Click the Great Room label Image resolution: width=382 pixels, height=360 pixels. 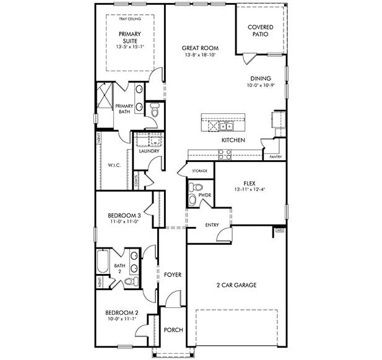tap(199, 48)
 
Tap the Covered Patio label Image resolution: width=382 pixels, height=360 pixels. tap(261, 30)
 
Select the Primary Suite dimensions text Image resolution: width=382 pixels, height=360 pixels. tap(130, 46)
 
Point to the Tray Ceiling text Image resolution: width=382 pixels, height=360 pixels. tap(130, 19)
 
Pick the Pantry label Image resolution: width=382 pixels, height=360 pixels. tap(276, 157)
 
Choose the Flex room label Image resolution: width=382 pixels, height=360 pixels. tap(250, 183)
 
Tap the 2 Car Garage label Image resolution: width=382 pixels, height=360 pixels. tap(236, 285)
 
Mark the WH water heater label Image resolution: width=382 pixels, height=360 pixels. tap(279, 231)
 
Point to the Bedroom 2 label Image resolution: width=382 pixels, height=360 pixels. tap(121, 313)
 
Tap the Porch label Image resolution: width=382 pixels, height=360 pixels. tap(173, 330)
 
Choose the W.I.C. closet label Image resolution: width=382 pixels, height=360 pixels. tap(114, 165)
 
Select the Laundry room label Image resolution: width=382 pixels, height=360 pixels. tap(149, 151)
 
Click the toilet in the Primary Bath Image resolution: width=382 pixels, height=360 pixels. tap(155, 109)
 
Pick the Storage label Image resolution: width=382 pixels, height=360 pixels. tap(199, 170)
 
